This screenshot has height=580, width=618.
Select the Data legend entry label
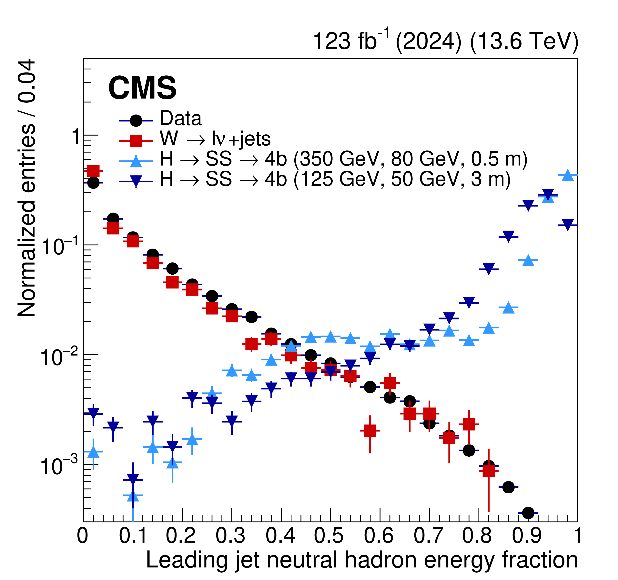(181, 119)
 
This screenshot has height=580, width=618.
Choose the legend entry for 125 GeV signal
(335, 179)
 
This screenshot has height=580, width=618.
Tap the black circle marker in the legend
(136, 120)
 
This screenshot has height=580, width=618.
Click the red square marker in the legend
(136, 141)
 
